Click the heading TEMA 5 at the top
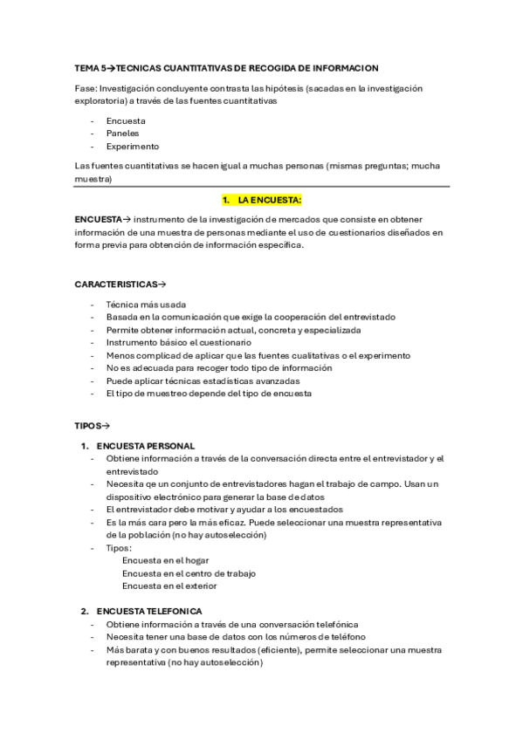point(94,67)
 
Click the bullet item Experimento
point(132,147)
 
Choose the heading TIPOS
point(91,425)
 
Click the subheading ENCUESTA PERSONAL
point(146,446)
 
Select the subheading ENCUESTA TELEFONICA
point(149,612)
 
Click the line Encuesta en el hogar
point(165,560)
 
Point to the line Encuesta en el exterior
point(170,586)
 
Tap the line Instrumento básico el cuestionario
point(178,343)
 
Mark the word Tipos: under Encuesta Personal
point(119,548)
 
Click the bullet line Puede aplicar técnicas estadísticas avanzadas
point(203,381)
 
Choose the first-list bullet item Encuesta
point(126,120)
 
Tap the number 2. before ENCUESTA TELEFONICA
point(85,612)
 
